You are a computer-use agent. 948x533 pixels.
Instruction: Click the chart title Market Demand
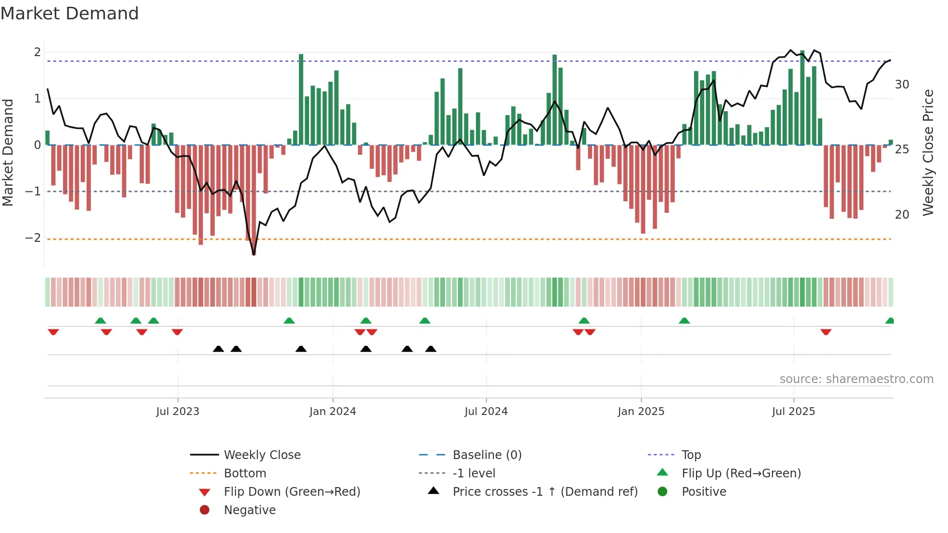[70, 14]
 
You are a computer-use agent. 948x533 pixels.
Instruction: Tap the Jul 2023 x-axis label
[178, 412]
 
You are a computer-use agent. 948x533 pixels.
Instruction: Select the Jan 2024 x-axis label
[333, 412]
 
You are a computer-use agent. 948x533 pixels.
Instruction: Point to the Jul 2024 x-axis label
[486, 412]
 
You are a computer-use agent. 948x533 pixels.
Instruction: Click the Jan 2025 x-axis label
[641, 412]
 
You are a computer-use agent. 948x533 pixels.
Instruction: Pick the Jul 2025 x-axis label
[793, 412]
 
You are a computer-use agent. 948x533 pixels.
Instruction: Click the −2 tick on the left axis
[33, 238]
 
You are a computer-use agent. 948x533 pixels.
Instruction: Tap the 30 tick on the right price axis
[902, 85]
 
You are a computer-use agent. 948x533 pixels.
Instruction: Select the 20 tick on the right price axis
[902, 214]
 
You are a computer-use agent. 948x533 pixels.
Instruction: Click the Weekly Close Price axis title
[928, 152]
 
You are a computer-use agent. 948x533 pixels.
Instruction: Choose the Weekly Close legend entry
[262, 455]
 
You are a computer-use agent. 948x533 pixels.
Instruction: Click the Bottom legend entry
[245, 474]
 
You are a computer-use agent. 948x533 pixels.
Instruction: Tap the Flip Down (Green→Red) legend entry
[292, 492]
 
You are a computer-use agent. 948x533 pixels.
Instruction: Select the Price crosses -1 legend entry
[545, 492]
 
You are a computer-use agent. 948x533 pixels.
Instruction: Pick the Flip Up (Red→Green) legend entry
[741, 474]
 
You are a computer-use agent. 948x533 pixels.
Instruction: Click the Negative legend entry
[250, 510]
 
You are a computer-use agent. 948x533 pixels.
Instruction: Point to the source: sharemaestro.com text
[856, 379]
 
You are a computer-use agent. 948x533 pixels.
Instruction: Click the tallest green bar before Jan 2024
[301, 99]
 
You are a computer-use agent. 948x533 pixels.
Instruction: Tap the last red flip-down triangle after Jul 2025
[826, 332]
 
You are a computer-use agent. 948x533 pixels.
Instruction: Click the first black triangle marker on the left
[219, 349]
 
